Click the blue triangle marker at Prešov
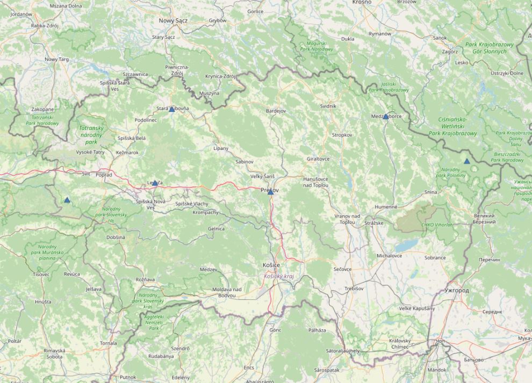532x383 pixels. coord(270,191)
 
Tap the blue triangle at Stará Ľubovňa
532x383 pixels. coord(171,109)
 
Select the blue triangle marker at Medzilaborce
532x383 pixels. coord(385,117)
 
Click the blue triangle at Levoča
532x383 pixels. coord(155,183)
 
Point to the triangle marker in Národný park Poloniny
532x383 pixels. coord(466,161)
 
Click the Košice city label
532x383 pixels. coord(271,265)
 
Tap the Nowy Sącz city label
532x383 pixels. coord(172,20)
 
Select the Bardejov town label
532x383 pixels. coord(276,111)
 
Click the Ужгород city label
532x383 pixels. coord(457,291)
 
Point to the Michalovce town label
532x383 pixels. coord(389,256)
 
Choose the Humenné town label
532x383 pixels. coord(386,207)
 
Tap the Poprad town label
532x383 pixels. coord(104,175)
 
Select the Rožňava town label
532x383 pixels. coord(145,279)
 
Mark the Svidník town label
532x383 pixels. coord(328,106)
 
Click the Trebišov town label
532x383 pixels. coord(354,288)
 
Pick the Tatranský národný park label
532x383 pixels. coord(91,135)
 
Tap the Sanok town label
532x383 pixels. coord(440,38)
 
